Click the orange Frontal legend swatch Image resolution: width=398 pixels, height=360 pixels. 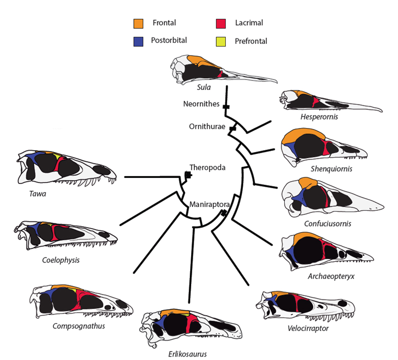(x=138, y=23)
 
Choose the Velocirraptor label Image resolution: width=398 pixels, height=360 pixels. (x=309, y=328)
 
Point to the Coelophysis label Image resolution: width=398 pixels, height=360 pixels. (x=61, y=260)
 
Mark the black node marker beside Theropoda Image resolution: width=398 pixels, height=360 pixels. (x=188, y=174)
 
